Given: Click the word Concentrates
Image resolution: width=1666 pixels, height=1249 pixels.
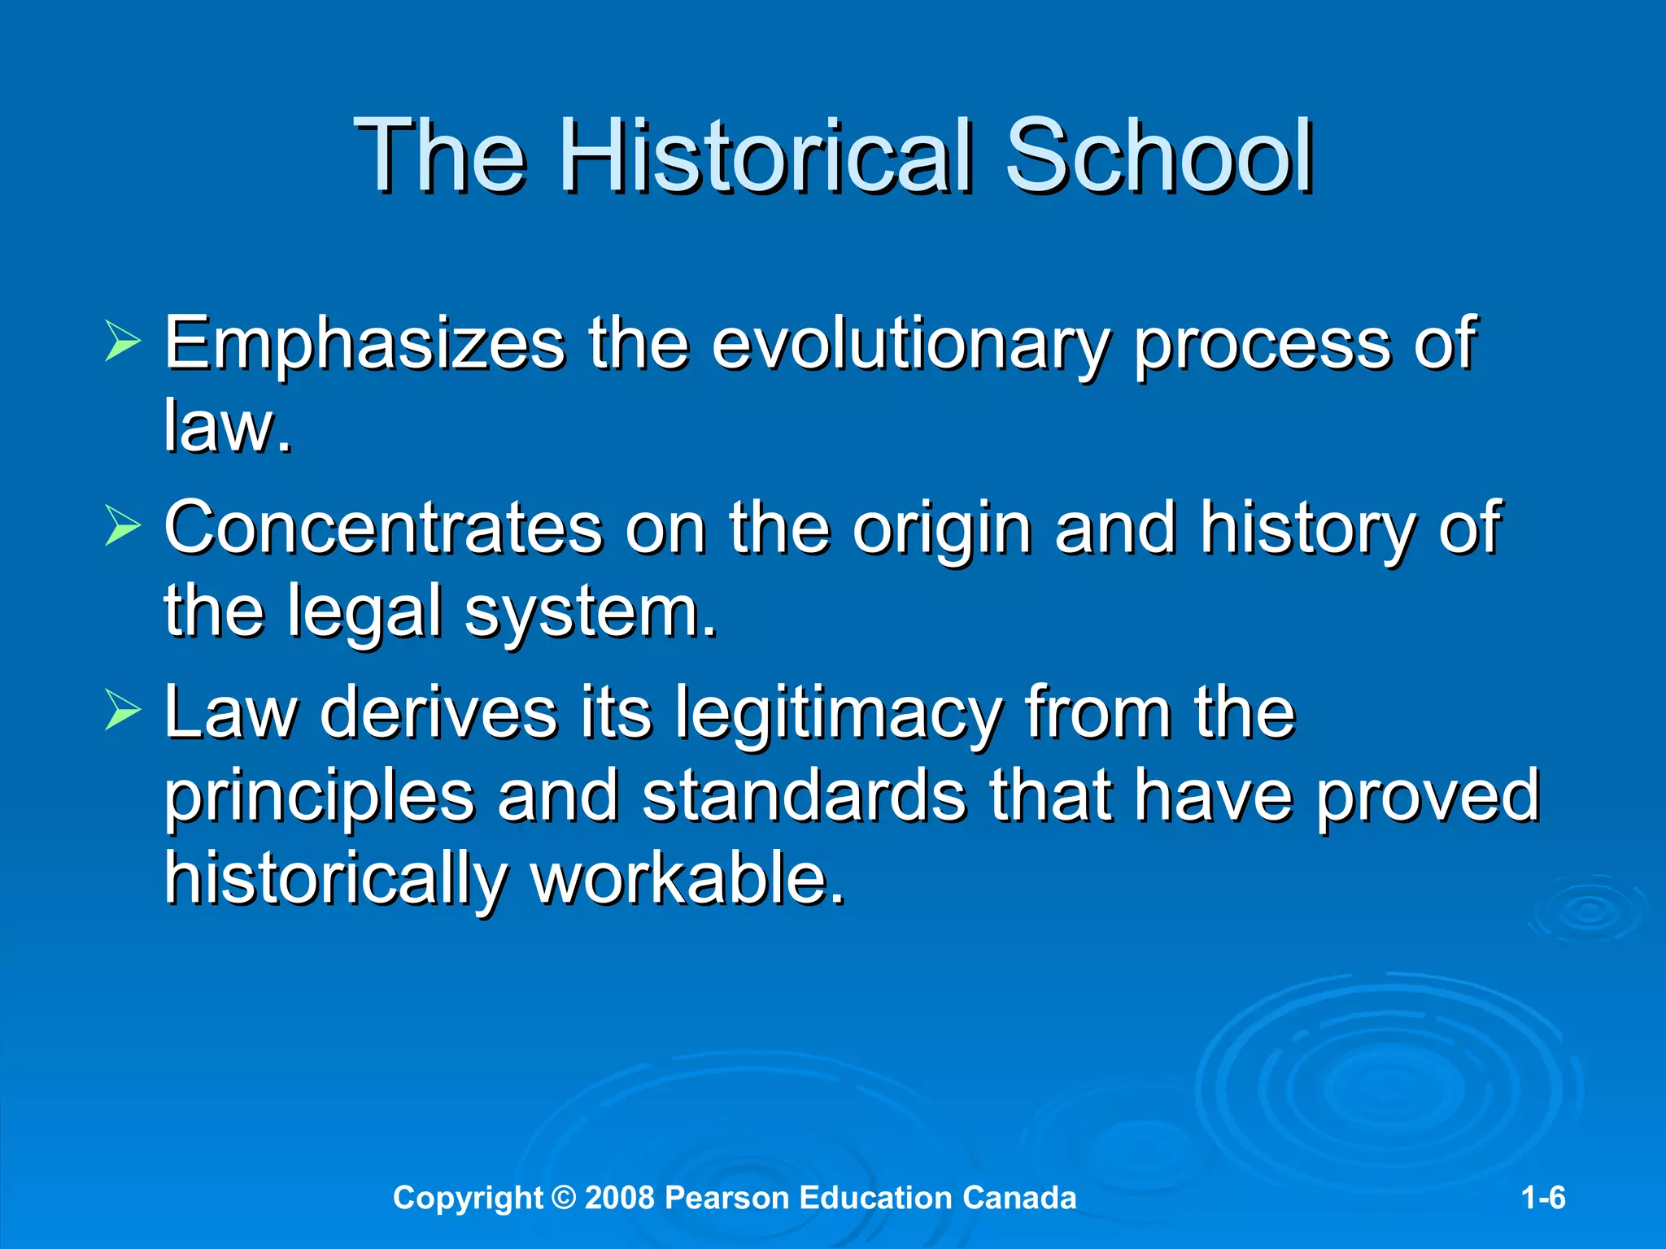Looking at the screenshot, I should [x=383, y=529].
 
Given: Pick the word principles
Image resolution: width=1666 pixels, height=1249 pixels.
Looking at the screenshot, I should [x=319, y=797].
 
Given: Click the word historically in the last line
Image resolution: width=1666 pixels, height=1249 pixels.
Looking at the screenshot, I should [x=335, y=880].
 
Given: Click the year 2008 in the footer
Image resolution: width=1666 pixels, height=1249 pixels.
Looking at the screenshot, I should [x=619, y=1198].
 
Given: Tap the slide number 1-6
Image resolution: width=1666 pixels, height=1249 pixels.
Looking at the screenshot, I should [x=1542, y=1198].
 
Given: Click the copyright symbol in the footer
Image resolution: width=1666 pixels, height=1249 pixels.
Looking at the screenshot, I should [x=563, y=1198].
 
